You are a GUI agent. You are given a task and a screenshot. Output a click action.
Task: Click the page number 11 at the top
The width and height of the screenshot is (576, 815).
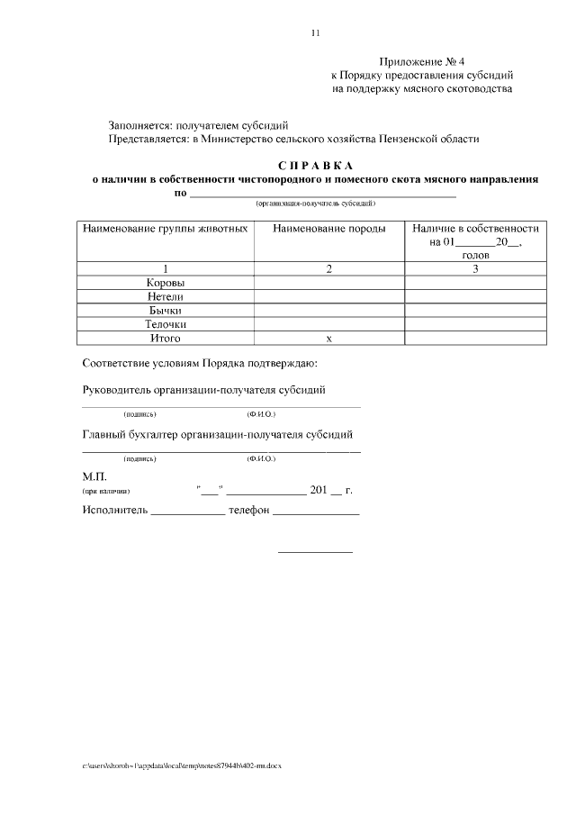point(315,33)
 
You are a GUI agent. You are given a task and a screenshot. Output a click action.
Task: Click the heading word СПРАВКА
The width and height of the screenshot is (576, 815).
point(316,166)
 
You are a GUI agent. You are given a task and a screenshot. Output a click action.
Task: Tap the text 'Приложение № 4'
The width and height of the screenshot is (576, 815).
point(421,61)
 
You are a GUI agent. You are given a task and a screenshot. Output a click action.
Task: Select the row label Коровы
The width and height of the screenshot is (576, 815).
point(166,283)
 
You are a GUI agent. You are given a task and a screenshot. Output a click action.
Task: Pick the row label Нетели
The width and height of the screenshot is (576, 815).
point(166,296)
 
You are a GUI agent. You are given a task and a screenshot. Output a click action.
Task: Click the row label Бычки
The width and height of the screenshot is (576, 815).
point(166,310)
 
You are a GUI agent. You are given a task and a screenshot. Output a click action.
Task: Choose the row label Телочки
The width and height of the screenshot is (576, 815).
point(166,324)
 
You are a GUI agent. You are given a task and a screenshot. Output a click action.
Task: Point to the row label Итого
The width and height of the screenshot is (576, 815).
point(166,338)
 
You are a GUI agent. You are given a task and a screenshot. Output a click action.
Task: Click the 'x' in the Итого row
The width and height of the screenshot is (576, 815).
point(328,339)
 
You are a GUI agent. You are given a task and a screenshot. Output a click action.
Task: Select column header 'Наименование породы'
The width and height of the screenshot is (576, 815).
point(328,229)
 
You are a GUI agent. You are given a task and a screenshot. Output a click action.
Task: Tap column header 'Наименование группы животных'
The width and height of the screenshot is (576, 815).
point(166,229)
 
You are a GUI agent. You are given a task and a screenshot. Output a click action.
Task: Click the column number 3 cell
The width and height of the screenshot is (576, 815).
point(474,268)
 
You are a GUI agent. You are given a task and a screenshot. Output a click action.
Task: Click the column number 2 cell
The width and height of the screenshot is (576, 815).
point(328,268)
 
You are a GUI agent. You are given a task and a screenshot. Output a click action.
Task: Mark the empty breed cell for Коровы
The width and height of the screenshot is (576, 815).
point(328,283)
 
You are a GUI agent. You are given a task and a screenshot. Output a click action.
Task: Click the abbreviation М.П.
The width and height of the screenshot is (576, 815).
point(95,475)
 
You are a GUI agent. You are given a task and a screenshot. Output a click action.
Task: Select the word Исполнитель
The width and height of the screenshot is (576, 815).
point(113,510)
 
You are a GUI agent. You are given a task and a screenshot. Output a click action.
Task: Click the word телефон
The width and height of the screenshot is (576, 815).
point(249,510)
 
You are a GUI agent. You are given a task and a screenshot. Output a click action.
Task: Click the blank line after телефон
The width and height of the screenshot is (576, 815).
point(316,512)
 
